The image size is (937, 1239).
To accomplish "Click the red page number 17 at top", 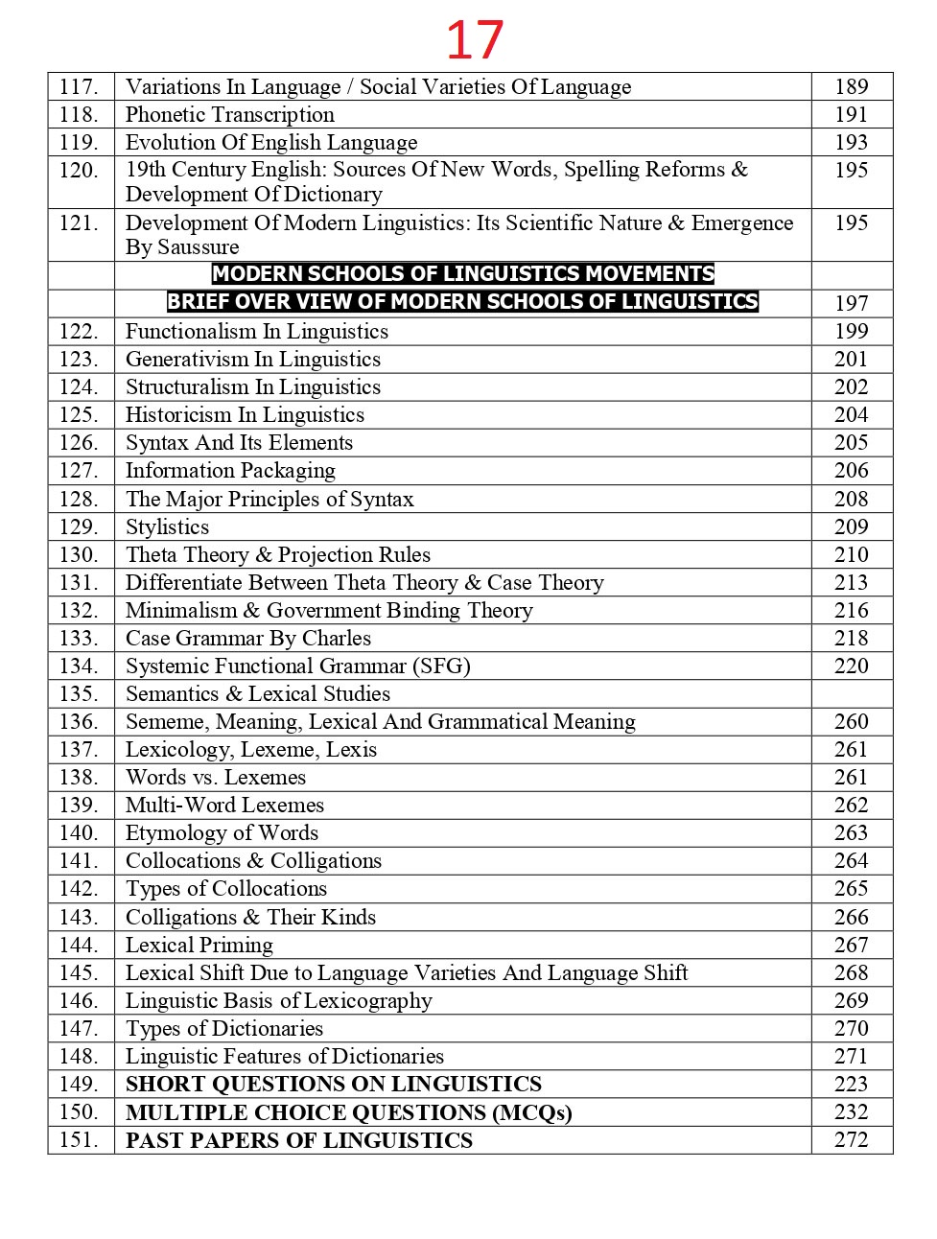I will tap(475, 40).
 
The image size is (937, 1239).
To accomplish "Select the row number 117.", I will tap(79, 87).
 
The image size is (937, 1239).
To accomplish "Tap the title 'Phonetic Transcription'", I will tap(230, 115).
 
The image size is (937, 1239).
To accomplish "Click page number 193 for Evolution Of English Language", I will tap(851, 143).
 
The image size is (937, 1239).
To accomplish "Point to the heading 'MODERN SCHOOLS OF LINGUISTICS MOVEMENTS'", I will tap(463, 274).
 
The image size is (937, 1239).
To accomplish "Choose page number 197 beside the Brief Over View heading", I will tap(851, 304).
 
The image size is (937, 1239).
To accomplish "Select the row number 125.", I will tap(79, 415).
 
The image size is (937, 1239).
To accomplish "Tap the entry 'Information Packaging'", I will tap(230, 471).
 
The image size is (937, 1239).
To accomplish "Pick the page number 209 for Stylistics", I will tap(851, 527).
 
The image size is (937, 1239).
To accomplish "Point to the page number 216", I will tap(851, 611).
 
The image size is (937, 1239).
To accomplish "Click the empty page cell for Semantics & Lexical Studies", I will tap(851, 694).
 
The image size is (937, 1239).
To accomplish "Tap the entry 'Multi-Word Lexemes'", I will tap(224, 806).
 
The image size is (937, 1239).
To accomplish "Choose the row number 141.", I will tap(79, 861).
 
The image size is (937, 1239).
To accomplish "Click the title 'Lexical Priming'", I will tap(199, 946).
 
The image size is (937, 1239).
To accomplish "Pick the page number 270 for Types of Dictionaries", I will tap(851, 1029).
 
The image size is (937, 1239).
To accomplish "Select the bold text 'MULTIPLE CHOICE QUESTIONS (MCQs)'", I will tap(349, 1112).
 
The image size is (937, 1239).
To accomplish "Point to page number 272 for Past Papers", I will tap(851, 1140).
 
